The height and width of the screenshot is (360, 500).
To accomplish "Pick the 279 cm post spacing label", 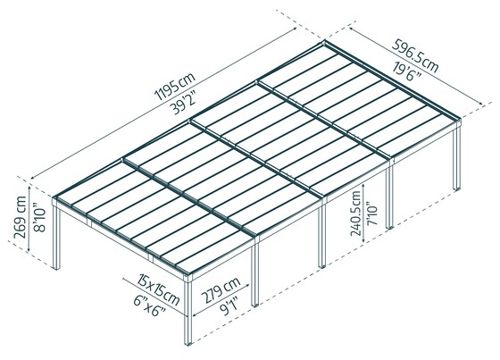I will pyautogui.click(x=220, y=291).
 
